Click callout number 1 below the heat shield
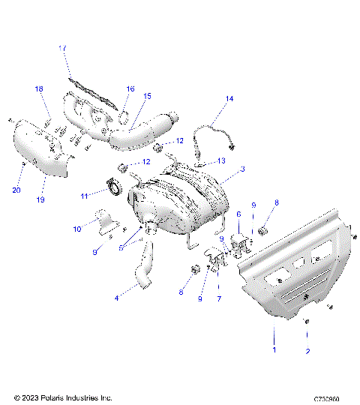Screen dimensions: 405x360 click(x=274, y=349)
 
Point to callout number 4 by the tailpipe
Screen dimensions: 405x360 click(x=116, y=298)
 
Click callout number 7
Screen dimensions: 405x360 click(x=218, y=298)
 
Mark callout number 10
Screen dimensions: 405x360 click(x=76, y=229)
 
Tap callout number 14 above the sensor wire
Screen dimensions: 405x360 click(x=229, y=99)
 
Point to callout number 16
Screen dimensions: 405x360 click(x=130, y=88)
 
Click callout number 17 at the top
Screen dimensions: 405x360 click(x=63, y=48)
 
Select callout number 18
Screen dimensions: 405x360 click(x=38, y=89)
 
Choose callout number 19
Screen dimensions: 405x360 click(x=40, y=200)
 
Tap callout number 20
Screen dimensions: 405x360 click(x=16, y=190)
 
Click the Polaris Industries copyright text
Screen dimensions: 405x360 click(x=63, y=397)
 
